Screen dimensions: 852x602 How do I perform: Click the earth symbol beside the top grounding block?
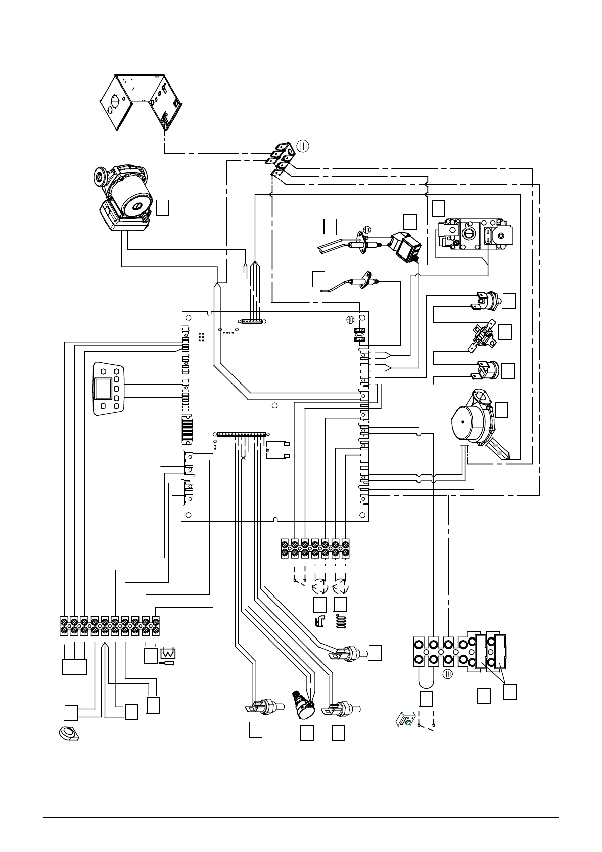[x=303, y=146]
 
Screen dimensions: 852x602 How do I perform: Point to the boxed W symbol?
[x=167, y=655]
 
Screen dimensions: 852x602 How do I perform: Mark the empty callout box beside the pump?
[x=162, y=207]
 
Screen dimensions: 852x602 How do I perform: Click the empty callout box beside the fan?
[x=501, y=409]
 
